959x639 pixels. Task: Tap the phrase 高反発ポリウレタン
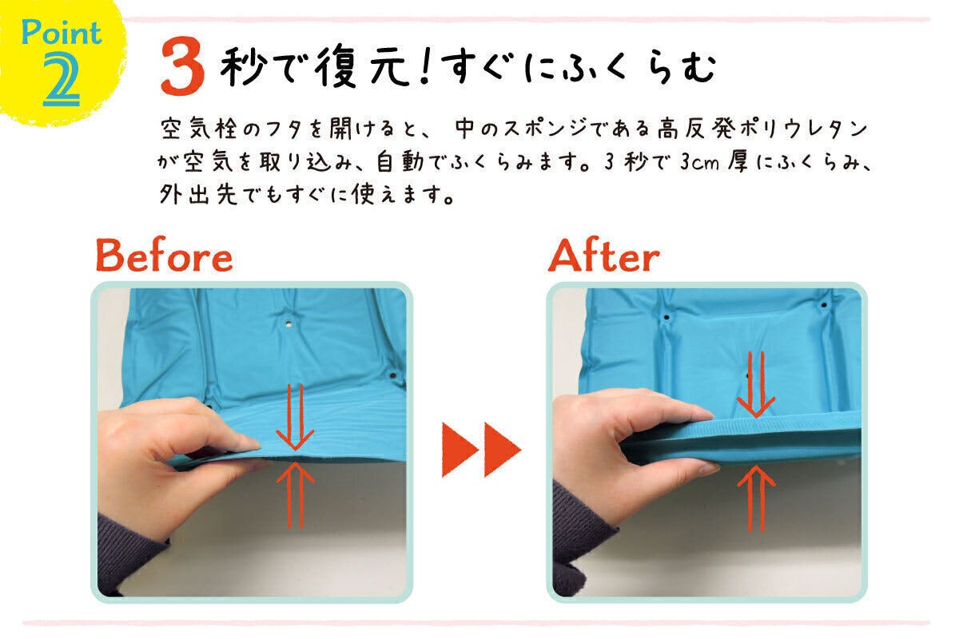tap(762, 128)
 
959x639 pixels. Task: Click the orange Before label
tap(164, 256)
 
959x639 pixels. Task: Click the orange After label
tap(604, 256)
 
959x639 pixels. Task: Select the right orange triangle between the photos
tap(501, 450)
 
